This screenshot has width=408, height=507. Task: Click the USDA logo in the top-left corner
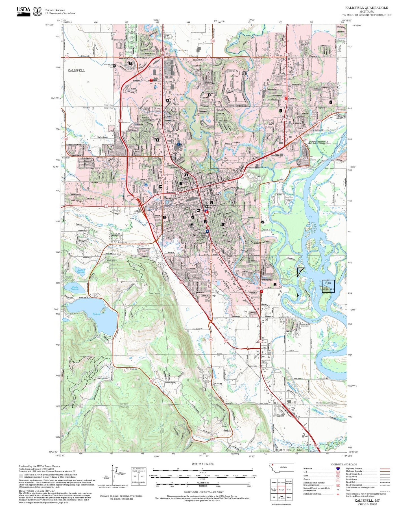(x=23, y=10)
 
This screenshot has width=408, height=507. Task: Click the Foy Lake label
(x=97, y=314)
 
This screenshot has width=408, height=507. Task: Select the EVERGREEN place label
(x=318, y=142)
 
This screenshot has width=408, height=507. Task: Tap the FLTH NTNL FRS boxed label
(x=328, y=286)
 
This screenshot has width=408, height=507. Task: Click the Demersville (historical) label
(x=305, y=325)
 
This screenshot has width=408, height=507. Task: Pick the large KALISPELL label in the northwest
(x=76, y=70)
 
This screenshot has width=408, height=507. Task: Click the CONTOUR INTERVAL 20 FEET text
(x=204, y=492)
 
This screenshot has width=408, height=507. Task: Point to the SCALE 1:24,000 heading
(x=203, y=464)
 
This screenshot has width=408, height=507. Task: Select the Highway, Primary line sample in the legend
(x=385, y=469)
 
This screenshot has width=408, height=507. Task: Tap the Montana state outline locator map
(x=282, y=467)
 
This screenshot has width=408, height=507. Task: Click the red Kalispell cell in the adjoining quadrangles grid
(x=281, y=489)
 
